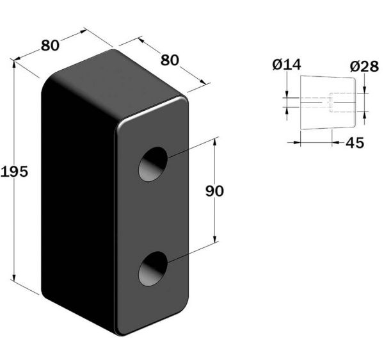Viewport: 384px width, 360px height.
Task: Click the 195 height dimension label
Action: click(x=15, y=171)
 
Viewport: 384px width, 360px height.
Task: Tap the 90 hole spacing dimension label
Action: click(x=214, y=191)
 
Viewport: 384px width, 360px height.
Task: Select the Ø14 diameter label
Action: click(x=287, y=65)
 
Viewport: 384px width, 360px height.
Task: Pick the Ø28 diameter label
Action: click(x=364, y=66)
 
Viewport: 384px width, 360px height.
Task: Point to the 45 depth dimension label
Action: click(x=355, y=143)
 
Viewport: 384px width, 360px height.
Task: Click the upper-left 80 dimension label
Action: click(x=50, y=45)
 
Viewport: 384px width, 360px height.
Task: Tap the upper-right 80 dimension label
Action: click(x=170, y=60)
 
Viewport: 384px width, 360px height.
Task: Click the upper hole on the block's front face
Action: click(x=153, y=164)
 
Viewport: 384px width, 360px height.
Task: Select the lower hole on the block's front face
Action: click(x=153, y=268)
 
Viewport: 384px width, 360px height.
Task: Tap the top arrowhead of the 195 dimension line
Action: click(x=14, y=63)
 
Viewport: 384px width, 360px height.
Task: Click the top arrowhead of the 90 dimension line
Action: click(x=215, y=142)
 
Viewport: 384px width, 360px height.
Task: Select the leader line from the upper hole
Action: click(x=193, y=147)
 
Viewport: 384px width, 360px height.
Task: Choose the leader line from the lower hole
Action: click(x=193, y=252)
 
